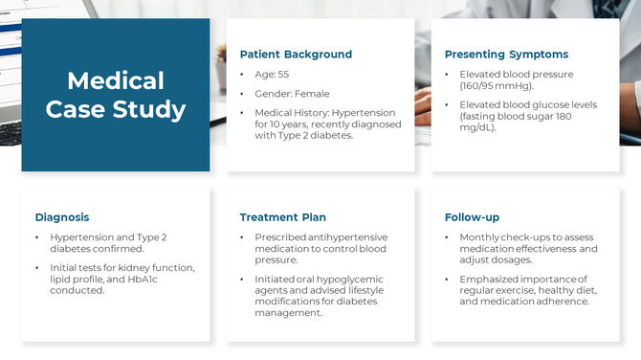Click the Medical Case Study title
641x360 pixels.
(116, 95)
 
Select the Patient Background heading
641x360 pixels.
(296, 55)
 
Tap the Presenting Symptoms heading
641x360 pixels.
(506, 55)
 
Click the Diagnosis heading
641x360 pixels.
(62, 217)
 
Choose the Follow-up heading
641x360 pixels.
(472, 217)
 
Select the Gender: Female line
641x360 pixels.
(292, 94)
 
